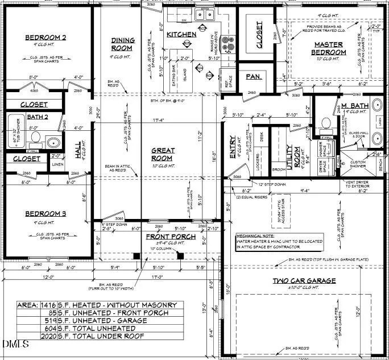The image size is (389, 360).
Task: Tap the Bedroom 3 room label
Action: tap(46, 213)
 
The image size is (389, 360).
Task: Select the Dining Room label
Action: tap(122, 44)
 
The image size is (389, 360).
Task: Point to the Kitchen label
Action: tap(181, 35)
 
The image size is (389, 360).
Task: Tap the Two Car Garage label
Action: tap(304, 280)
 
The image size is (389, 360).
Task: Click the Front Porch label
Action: tap(171, 237)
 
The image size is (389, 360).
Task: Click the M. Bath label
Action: tap(355, 105)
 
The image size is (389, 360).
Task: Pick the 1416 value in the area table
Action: tap(49, 305)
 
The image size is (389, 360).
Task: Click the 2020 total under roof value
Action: tap(49, 337)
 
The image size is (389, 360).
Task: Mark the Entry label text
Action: tap(233, 147)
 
